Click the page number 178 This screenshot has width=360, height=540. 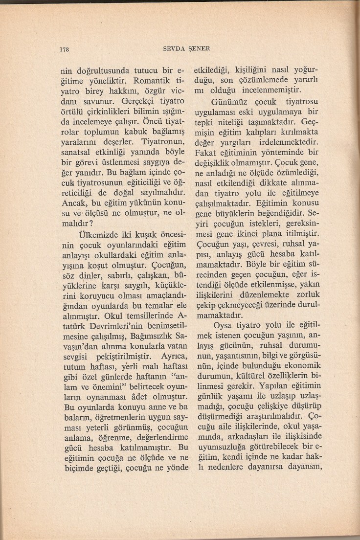(63, 49)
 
